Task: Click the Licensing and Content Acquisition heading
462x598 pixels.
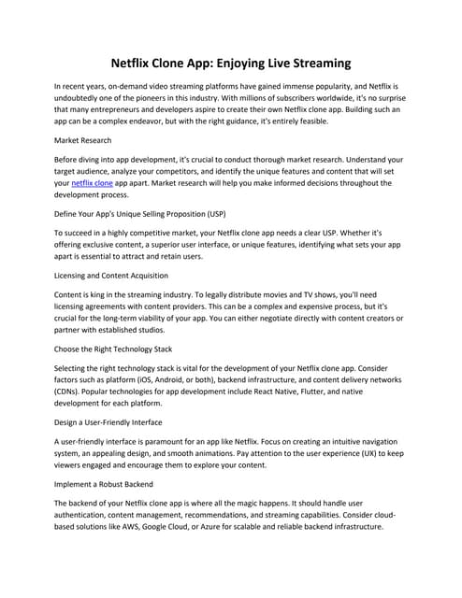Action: click(x=111, y=276)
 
